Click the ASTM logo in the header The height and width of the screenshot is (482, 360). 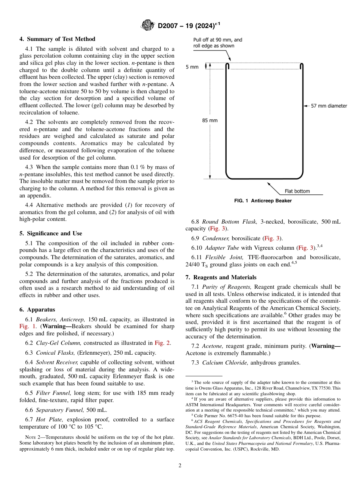click(148, 25)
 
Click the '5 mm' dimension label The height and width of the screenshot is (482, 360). click(192, 67)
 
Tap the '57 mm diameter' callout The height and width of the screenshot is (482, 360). click(329, 106)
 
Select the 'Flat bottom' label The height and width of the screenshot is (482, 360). click(297, 191)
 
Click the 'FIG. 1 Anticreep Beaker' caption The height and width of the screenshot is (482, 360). click(263, 201)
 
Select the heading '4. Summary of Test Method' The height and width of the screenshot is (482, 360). click(57, 39)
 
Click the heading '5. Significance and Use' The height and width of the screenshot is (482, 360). click(50, 233)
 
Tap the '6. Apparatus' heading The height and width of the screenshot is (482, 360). click(37, 310)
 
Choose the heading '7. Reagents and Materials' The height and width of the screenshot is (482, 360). click(221, 277)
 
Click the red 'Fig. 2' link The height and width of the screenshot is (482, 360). click(163, 343)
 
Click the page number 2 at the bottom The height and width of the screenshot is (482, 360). click(180, 466)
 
